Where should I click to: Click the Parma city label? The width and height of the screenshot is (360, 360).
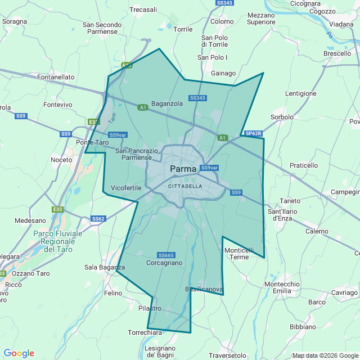[183, 169]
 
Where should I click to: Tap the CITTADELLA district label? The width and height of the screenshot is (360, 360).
[185, 186]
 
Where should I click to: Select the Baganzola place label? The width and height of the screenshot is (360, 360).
[167, 103]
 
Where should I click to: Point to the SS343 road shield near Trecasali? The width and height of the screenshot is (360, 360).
[224, 3]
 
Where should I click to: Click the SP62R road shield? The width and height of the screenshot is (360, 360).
[253, 133]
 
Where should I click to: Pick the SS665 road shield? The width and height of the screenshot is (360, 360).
[166, 255]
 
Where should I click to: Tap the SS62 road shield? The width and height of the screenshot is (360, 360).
[98, 218]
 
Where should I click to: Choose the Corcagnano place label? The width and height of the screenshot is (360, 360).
[164, 263]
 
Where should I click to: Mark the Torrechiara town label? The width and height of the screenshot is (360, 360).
[145, 332]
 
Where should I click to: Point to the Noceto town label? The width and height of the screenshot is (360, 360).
[61, 160]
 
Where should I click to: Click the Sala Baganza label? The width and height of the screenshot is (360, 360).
[104, 267]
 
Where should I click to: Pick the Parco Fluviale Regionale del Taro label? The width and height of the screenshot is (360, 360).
[57, 241]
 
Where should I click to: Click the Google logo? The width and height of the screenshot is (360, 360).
[19, 353]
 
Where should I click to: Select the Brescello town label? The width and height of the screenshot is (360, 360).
[337, 53]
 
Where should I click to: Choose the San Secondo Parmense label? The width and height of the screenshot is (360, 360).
[102, 28]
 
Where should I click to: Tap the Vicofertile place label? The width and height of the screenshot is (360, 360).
[126, 187]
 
